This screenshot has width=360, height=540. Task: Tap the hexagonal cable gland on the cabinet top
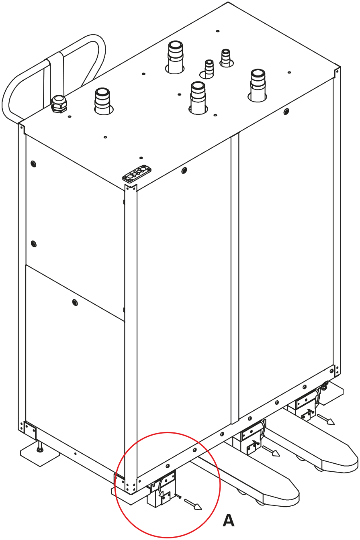(59, 104)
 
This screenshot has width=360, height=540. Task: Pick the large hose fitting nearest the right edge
(258, 85)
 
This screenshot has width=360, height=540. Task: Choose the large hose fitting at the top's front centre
(198, 98)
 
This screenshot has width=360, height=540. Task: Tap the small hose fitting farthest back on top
(226, 58)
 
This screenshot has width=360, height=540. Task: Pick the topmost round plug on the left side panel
(33, 164)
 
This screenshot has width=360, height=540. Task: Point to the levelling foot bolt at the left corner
(39, 449)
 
